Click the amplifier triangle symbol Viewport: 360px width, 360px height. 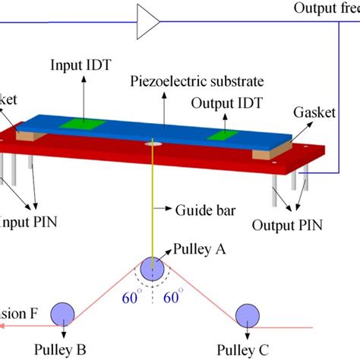147,21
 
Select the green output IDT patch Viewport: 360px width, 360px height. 223,135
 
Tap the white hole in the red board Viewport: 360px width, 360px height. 154,141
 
